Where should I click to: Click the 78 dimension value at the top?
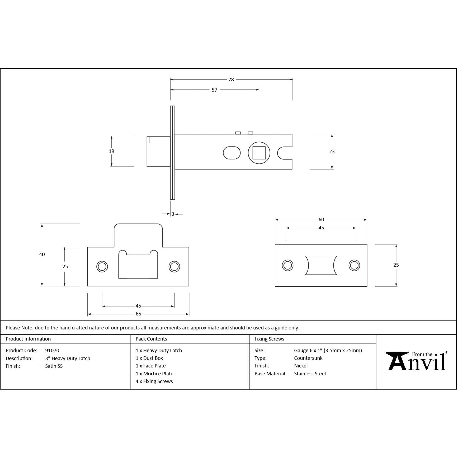(x=231, y=80)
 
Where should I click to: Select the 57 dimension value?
(x=214, y=90)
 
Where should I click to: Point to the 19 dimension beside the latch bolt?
(x=111, y=151)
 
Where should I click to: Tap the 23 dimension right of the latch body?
(x=332, y=152)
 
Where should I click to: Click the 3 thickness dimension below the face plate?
(x=173, y=214)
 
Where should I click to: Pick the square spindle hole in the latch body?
(x=259, y=153)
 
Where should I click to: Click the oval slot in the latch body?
(x=232, y=153)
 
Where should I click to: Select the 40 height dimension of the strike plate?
(x=42, y=254)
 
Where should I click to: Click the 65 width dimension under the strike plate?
(x=138, y=314)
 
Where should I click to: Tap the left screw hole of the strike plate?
(x=102, y=267)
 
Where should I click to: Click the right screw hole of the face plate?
(x=354, y=265)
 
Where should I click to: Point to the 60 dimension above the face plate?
(x=321, y=220)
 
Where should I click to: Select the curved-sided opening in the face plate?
(x=321, y=265)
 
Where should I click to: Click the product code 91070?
(x=52, y=351)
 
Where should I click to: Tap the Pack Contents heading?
(x=151, y=339)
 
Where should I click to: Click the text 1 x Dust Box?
(x=149, y=358)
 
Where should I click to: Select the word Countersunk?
(x=308, y=358)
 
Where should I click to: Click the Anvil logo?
(x=416, y=361)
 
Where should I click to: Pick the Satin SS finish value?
(x=54, y=366)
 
